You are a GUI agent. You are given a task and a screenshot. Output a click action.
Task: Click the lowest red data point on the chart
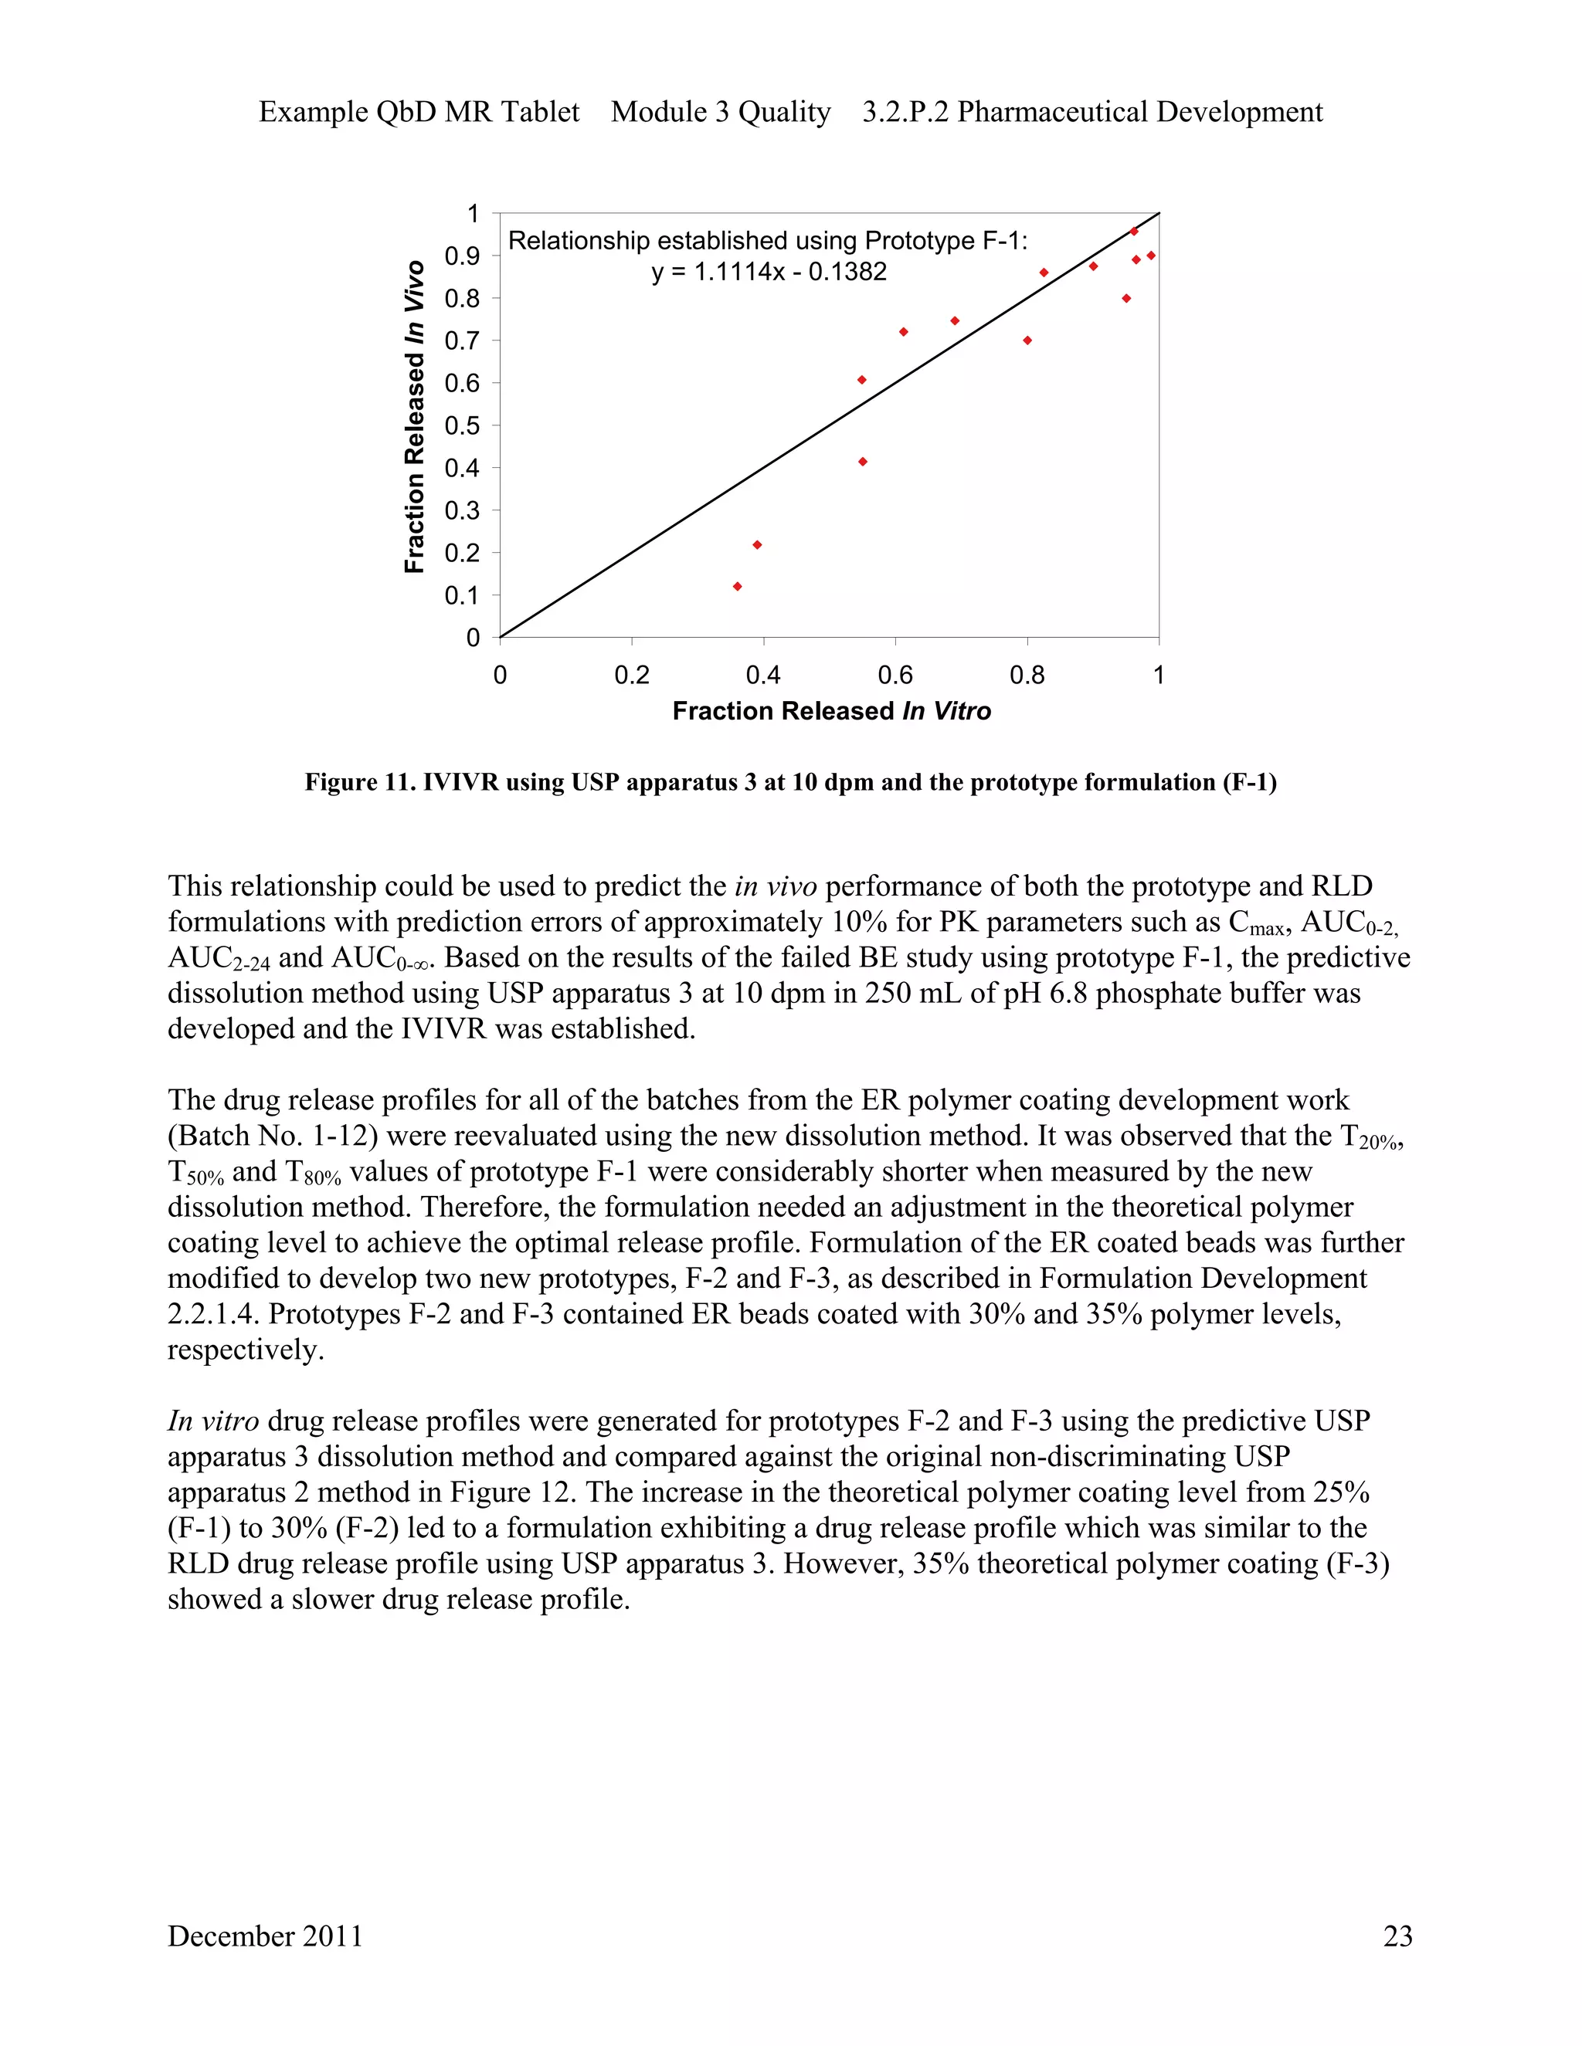738,587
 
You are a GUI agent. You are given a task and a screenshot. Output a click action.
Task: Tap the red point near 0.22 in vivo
757,545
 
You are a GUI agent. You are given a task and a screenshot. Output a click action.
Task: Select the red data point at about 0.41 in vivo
862,462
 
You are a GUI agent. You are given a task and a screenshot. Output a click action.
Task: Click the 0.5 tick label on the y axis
461,426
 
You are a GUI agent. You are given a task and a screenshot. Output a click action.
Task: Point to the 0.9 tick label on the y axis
461,256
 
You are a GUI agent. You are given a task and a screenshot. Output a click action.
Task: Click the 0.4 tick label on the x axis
763,676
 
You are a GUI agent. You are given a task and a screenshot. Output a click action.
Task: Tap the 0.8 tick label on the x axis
1027,676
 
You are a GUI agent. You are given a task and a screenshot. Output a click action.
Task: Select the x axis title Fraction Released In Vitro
831,711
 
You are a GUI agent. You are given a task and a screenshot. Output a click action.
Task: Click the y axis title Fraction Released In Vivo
414,417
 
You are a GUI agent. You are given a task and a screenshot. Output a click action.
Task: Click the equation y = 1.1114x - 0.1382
769,273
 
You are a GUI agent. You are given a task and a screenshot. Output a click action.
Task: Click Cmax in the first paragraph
1257,923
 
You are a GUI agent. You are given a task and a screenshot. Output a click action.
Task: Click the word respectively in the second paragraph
245,1350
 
